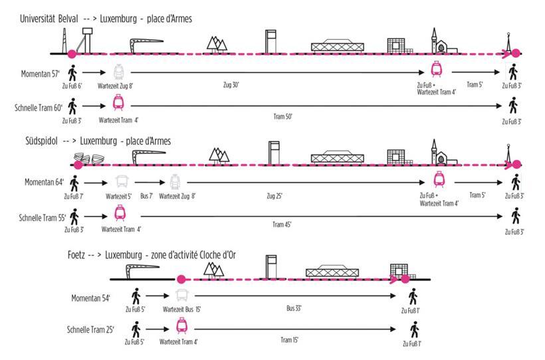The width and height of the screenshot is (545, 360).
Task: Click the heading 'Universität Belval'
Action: (51, 19)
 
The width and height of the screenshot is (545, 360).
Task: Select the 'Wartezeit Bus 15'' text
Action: (182, 309)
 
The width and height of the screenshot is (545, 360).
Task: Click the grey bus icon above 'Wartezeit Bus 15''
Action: (181, 296)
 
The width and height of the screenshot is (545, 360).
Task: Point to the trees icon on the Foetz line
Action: (214, 269)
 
